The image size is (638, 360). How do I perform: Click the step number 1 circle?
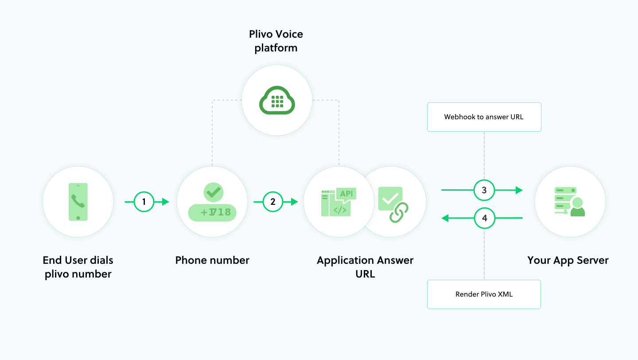click(144, 202)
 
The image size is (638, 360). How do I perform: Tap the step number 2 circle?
click(272, 202)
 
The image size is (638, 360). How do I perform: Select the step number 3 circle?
click(484, 190)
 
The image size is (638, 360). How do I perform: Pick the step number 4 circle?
click(484, 218)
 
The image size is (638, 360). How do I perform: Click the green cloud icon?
click(277, 101)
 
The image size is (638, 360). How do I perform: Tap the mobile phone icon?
click(78, 202)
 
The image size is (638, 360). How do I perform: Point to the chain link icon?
click(398, 212)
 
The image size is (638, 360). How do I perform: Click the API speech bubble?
click(346, 194)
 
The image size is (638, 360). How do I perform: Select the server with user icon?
click(569, 202)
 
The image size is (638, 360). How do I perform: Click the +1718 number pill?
click(212, 212)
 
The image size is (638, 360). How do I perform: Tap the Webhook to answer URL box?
click(484, 117)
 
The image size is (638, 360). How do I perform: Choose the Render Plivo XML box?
click(484, 294)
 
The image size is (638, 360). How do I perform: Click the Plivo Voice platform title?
click(276, 41)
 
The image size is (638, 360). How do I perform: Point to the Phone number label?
click(212, 260)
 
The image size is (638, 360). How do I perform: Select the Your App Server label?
click(568, 260)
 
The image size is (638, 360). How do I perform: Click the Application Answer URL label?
click(365, 267)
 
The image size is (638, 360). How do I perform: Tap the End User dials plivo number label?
click(78, 267)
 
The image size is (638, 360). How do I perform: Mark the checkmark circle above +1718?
click(214, 192)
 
